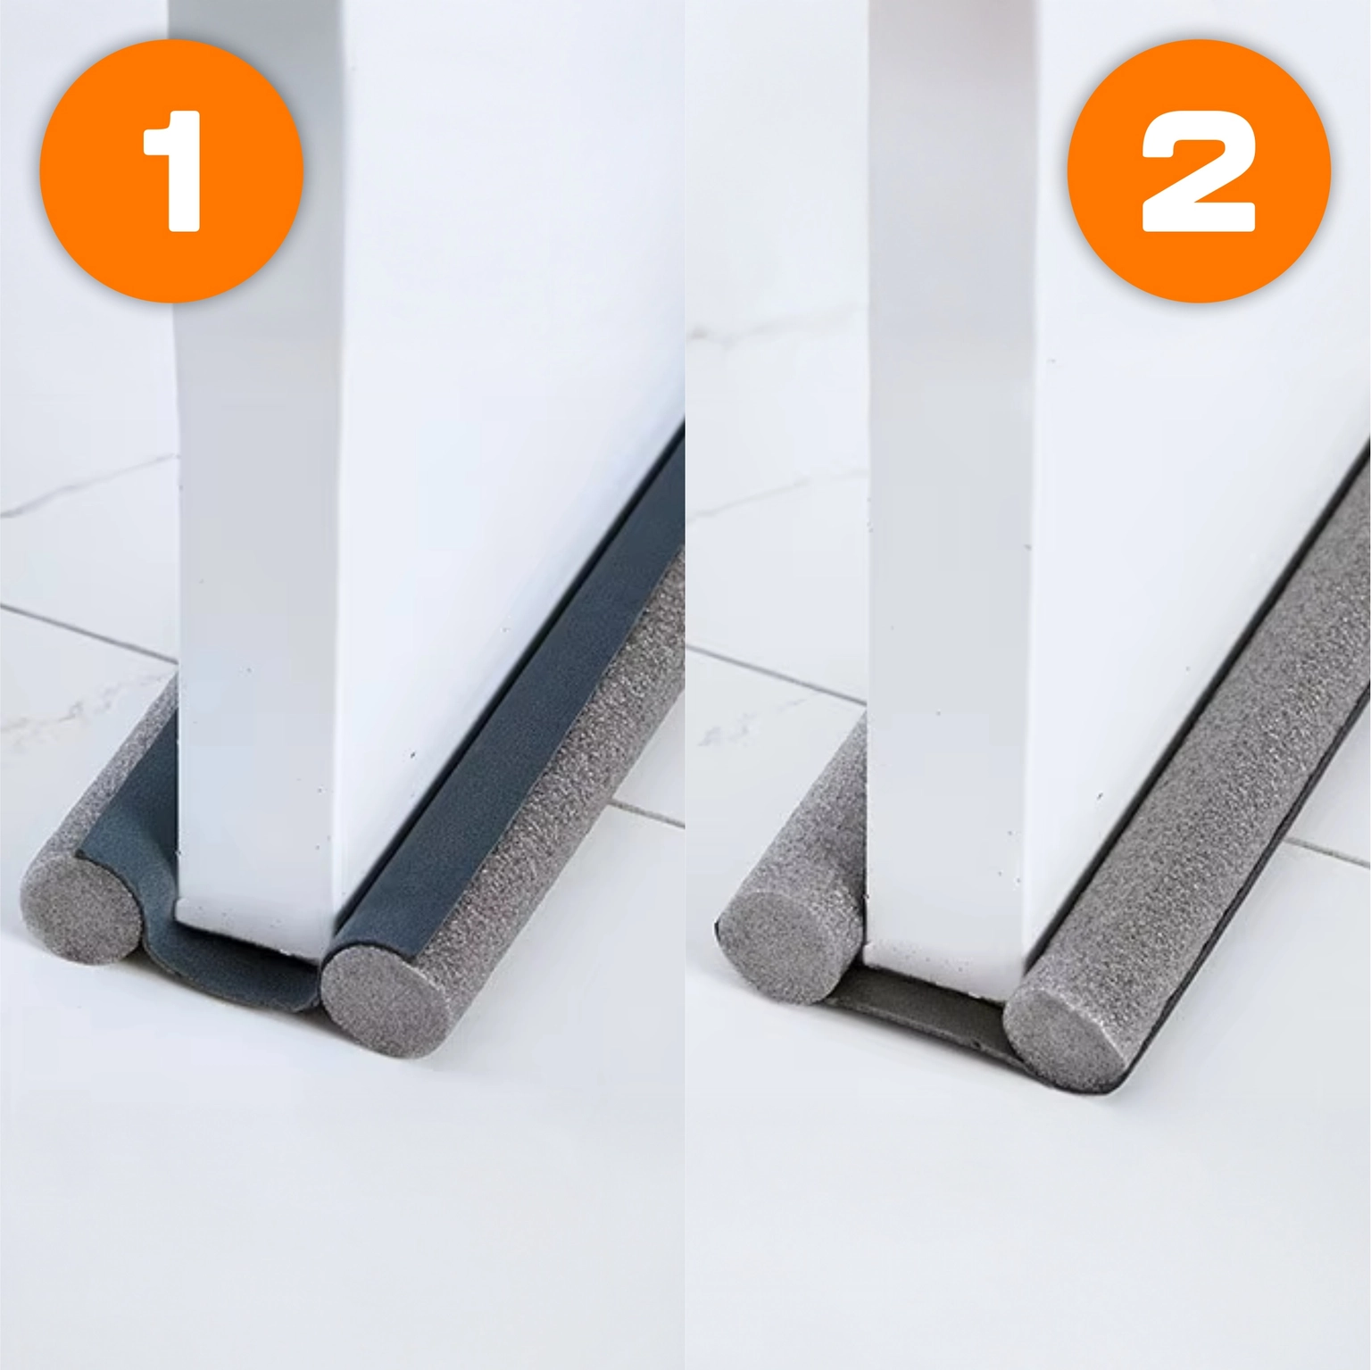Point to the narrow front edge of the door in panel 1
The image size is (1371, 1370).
pyautogui.click(x=259, y=464)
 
